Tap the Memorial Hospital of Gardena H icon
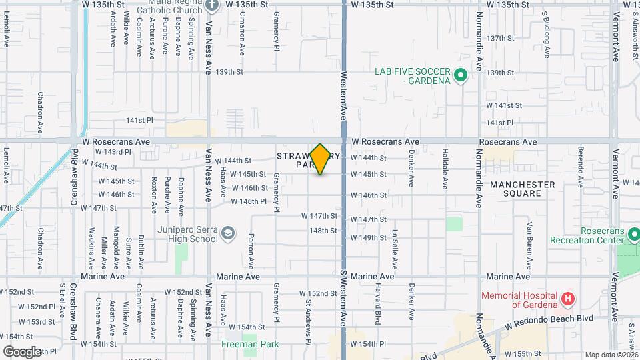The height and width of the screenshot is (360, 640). click(x=567, y=298)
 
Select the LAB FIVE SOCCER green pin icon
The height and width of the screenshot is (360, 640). click(x=459, y=77)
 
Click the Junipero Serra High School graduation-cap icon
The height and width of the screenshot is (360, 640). click(x=228, y=233)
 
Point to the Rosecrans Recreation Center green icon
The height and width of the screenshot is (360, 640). click(x=634, y=235)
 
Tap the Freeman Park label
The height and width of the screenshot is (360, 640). click(x=251, y=344)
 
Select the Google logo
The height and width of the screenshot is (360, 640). click(x=21, y=351)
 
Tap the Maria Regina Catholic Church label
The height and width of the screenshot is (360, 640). click(x=169, y=8)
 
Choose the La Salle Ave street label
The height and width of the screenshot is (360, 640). click(x=395, y=242)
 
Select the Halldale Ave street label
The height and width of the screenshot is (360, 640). click(x=445, y=169)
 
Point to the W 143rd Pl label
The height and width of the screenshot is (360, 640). click(x=107, y=152)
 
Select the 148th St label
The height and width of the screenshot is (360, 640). click(x=323, y=231)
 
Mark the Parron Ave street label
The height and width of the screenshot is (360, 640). click(x=251, y=246)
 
